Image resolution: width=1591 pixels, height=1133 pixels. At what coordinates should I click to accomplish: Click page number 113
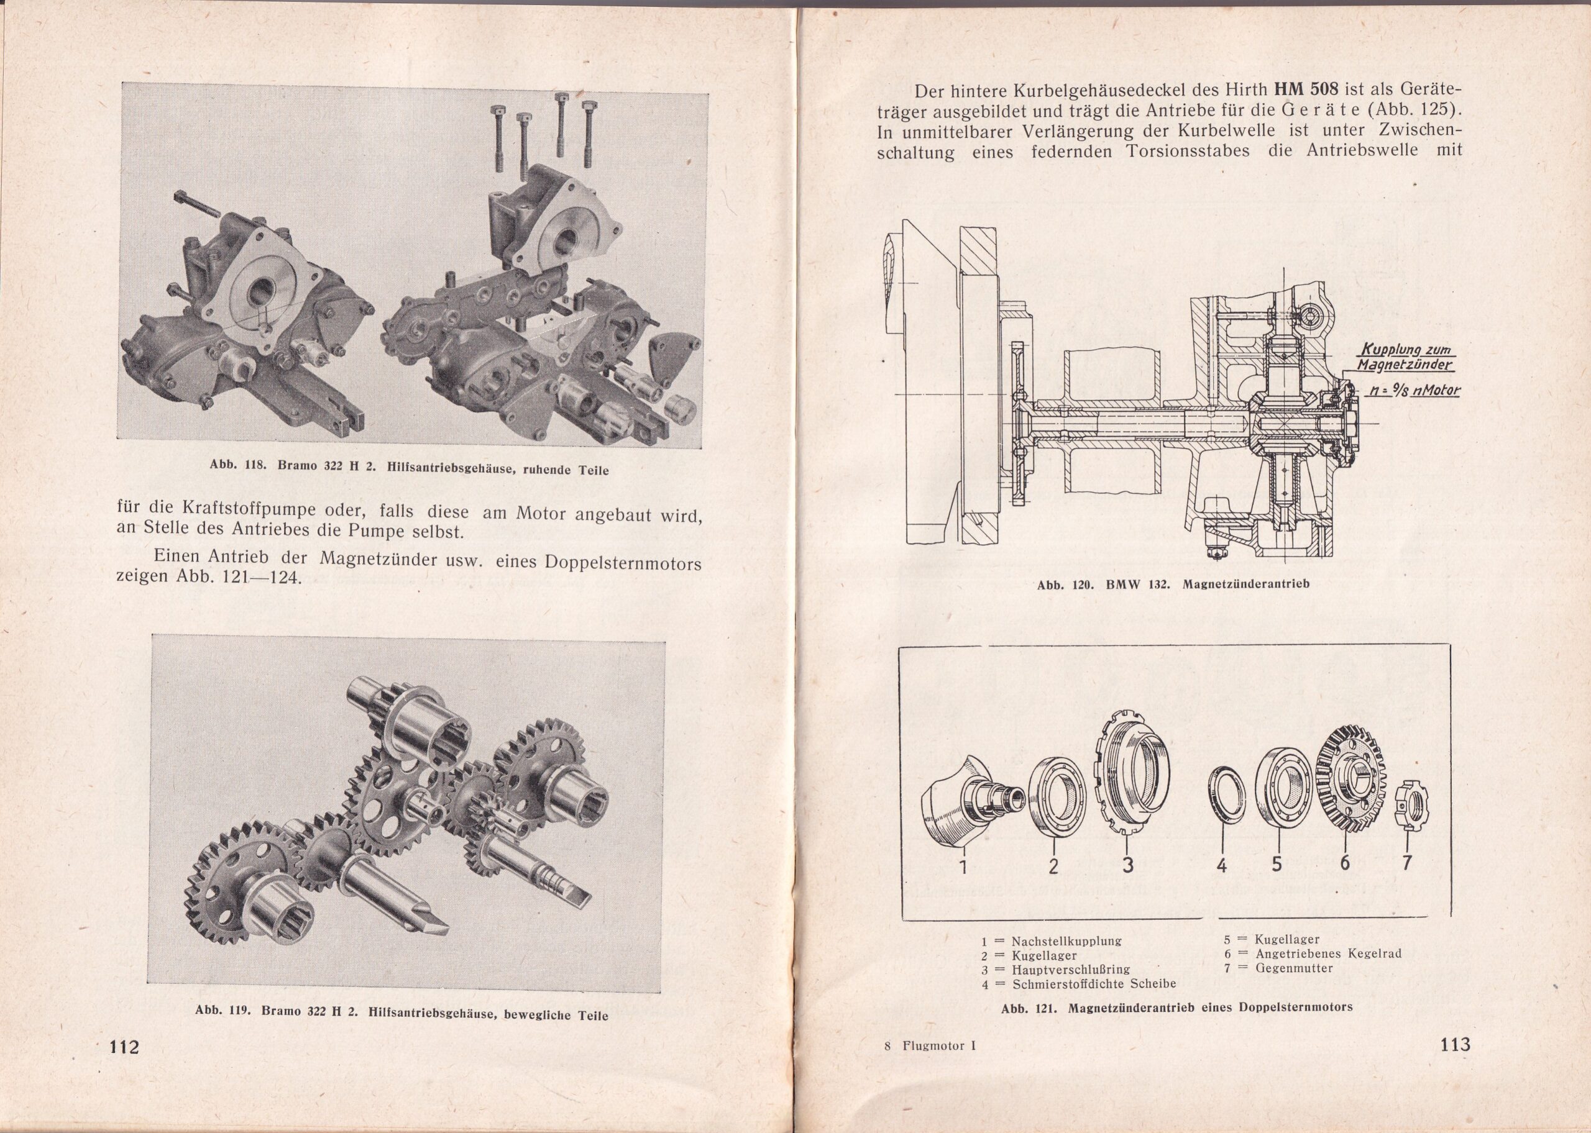pyautogui.click(x=1454, y=1044)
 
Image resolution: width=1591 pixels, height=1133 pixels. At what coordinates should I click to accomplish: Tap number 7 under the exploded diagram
pyautogui.click(x=1407, y=863)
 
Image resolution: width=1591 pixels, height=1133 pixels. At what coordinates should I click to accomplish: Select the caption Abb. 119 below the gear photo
pyautogui.click(x=401, y=1014)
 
